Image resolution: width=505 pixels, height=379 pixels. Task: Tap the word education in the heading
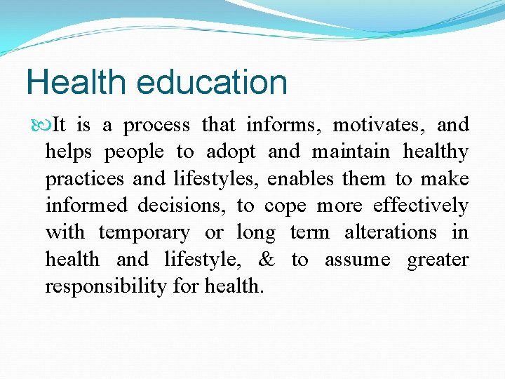tap(212, 82)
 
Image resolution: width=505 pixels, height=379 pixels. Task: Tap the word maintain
tap(350, 152)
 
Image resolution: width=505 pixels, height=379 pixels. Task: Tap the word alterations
tap(390, 233)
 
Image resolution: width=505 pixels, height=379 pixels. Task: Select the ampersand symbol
tap(267, 260)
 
